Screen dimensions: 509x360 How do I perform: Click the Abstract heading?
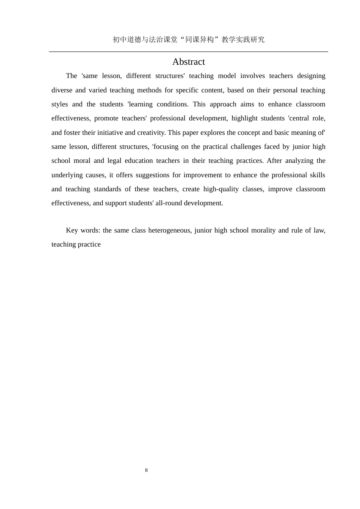[x=188, y=62]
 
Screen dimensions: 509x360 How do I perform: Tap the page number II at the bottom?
[x=146, y=470]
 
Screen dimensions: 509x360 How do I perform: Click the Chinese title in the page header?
[x=188, y=39]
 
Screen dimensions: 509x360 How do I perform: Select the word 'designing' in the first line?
[x=311, y=76]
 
